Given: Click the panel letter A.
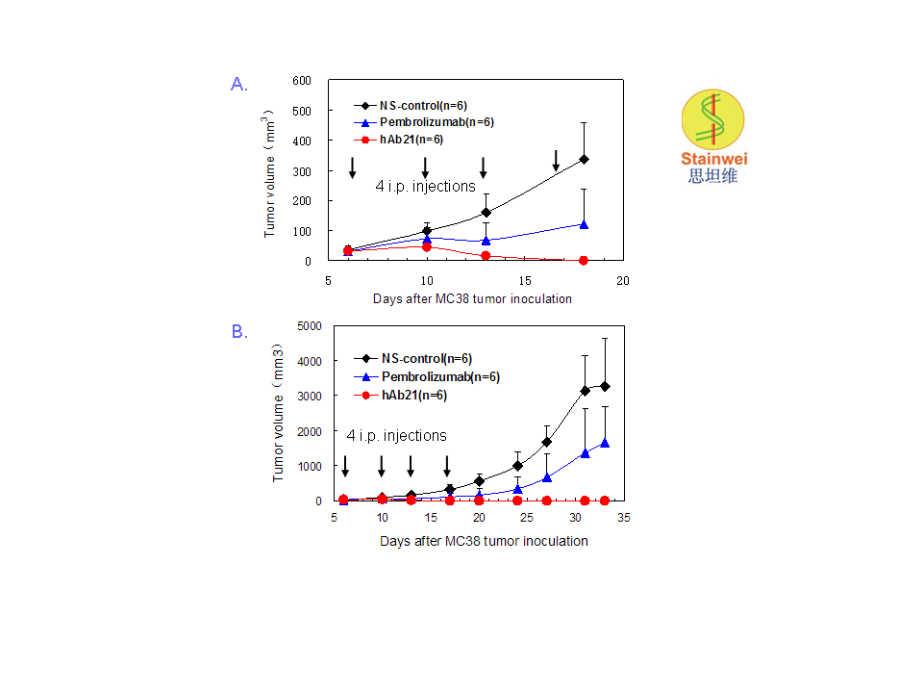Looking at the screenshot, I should click(x=239, y=85).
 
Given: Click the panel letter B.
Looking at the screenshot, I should click(x=239, y=332).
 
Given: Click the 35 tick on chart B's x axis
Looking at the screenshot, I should click(x=623, y=519).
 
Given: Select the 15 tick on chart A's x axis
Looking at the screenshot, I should click(x=524, y=279).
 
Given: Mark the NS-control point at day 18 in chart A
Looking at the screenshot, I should click(x=584, y=159).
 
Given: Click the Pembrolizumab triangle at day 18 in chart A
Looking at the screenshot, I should click(x=584, y=223).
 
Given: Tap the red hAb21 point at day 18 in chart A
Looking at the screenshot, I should click(x=584, y=260).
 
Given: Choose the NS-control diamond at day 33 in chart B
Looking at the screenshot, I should click(x=605, y=386).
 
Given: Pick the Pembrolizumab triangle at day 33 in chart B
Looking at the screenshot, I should click(x=605, y=442).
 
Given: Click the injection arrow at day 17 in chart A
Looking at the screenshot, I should click(x=556, y=161).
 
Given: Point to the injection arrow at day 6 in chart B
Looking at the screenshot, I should click(x=344, y=465).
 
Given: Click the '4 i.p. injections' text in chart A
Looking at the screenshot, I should click(x=425, y=186).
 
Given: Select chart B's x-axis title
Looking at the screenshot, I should click(x=484, y=541).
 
